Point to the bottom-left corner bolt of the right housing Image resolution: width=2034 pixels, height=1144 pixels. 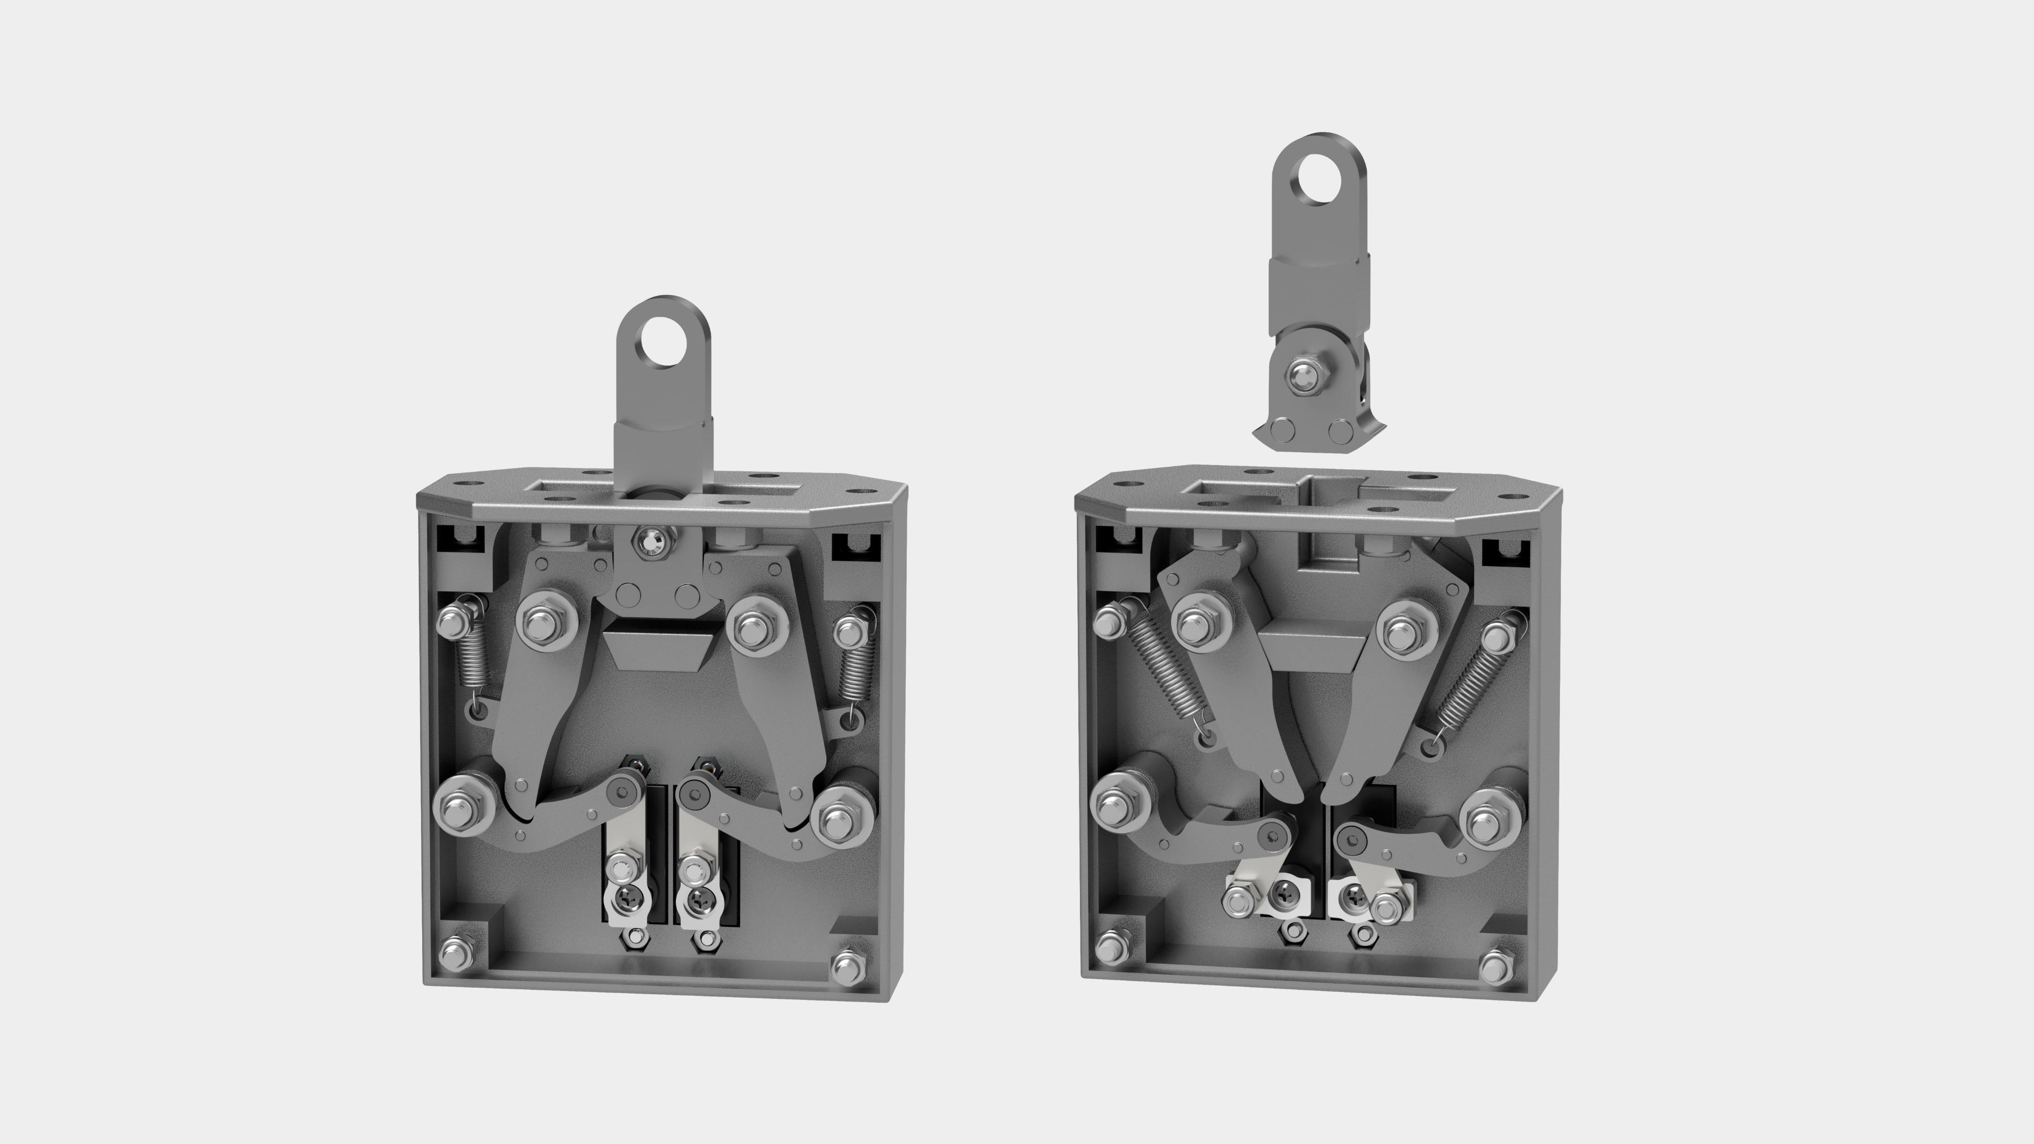coord(1112,945)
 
